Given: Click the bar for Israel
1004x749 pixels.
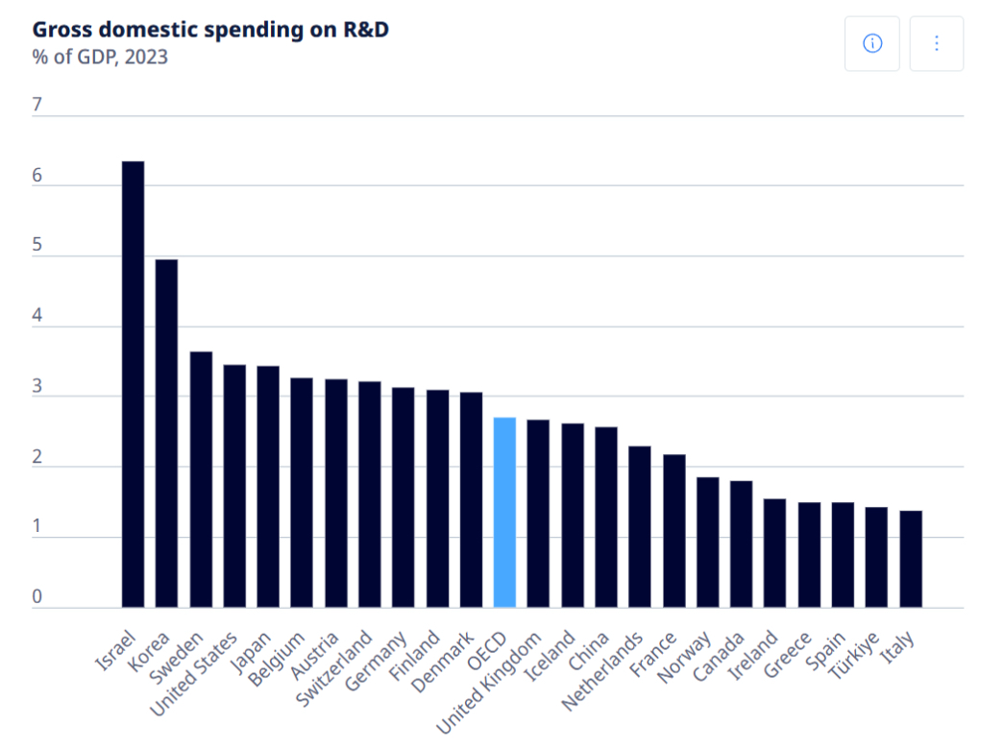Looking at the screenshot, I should click(133, 384).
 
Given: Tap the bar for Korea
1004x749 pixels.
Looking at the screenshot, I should click(166, 433).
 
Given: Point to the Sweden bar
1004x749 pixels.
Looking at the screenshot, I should click(201, 479).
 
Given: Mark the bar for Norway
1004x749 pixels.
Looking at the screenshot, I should click(708, 542).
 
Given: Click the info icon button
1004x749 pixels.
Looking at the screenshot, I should click(872, 43).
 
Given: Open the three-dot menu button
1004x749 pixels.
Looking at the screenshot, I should click(936, 43).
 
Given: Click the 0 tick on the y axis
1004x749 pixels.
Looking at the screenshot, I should click(37, 597).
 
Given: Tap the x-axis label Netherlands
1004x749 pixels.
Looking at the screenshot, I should click(602, 672).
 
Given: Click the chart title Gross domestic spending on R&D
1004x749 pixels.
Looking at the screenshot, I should click(210, 29).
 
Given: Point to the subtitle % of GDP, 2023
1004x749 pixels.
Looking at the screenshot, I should click(100, 57).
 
